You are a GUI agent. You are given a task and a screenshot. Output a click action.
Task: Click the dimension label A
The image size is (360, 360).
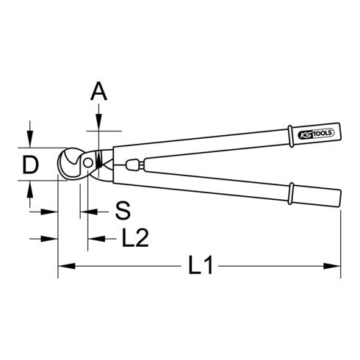[x=98, y=92]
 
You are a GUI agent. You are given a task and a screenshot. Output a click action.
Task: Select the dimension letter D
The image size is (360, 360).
[x=29, y=165]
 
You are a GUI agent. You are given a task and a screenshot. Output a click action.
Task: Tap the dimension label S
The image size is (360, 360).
[x=123, y=212]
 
